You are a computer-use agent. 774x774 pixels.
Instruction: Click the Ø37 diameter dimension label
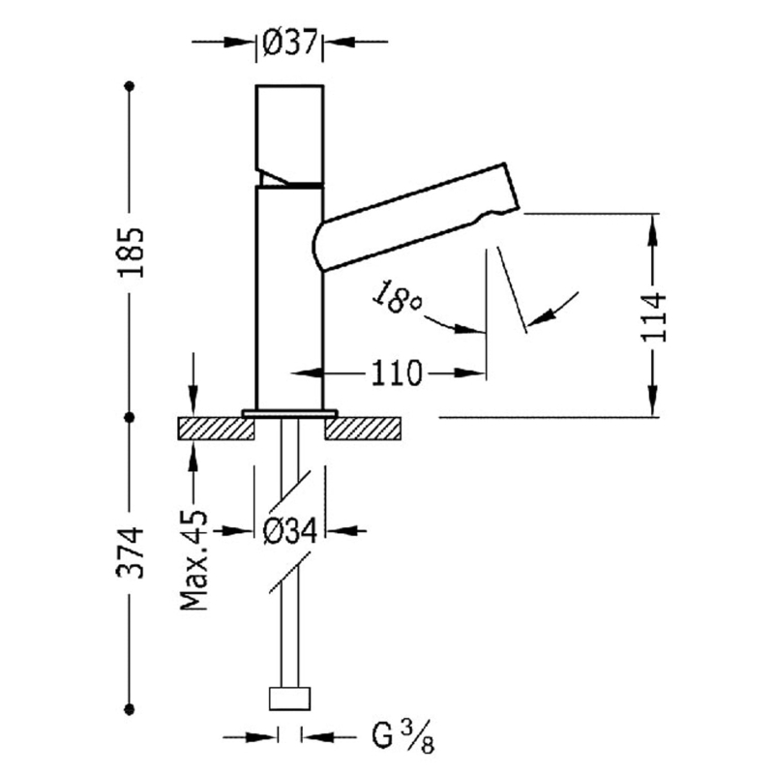click(289, 43)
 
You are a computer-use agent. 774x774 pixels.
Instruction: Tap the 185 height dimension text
click(132, 253)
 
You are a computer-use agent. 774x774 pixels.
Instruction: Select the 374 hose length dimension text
click(132, 552)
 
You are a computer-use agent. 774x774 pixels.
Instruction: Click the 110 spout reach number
click(394, 372)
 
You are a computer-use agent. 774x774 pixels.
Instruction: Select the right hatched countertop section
click(364, 428)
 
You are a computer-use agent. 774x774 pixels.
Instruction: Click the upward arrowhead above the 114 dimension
click(655, 226)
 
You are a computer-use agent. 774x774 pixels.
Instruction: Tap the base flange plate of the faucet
click(289, 413)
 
